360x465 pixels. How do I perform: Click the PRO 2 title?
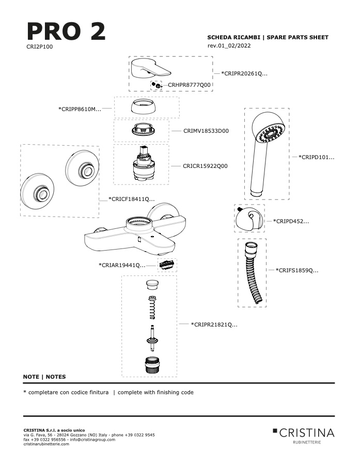click(66, 31)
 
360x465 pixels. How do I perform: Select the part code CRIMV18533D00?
click(206, 131)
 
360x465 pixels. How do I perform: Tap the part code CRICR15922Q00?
click(205, 166)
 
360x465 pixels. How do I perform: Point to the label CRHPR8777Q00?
click(189, 85)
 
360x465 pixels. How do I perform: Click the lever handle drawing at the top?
click(151, 69)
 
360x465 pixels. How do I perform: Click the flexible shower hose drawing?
click(252, 273)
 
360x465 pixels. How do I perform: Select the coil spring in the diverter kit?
click(152, 308)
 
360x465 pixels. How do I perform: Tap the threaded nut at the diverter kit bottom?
click(152, 365)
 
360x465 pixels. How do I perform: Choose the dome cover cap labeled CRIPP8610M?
click(143, 107)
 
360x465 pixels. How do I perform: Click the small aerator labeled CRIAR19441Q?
click(166, 265)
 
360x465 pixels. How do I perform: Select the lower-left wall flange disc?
click(37, 191)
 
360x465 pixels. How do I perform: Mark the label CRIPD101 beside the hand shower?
click(316, 157)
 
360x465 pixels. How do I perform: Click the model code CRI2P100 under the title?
click(39, 47)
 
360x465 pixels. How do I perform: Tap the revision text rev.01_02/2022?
click(229, 45)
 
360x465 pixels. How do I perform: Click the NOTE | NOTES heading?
click(44, 377)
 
